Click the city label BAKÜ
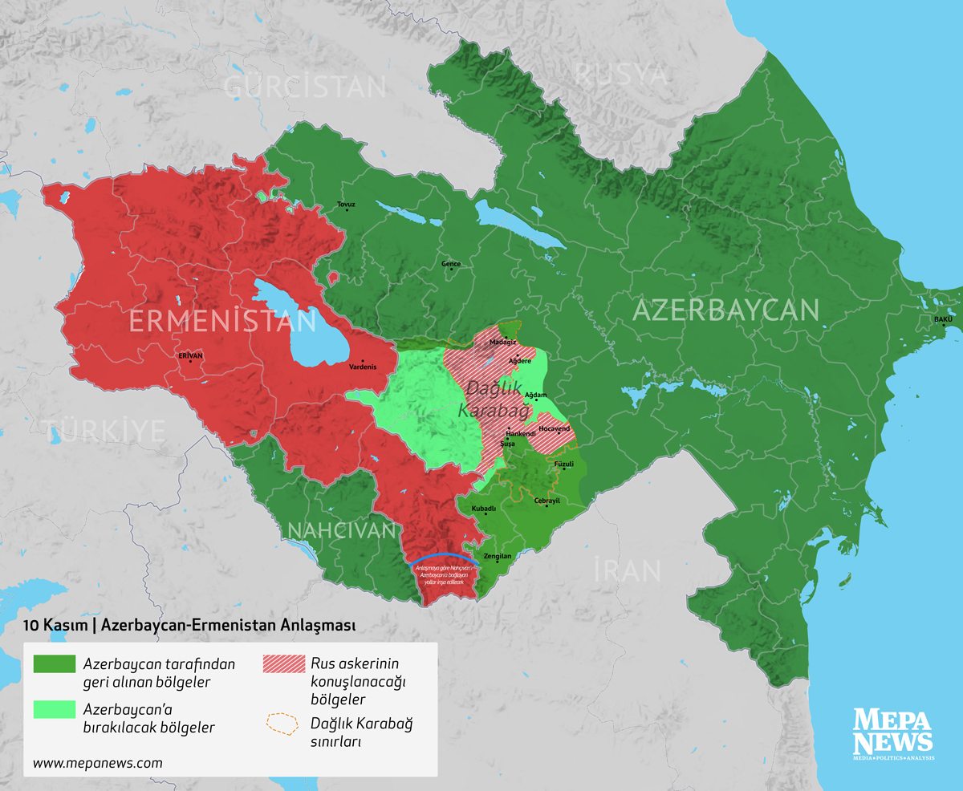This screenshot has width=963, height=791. click(x=942, y=320)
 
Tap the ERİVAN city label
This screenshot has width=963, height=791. click(x=190, y=355)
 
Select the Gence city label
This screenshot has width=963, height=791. click(x=451, y=263)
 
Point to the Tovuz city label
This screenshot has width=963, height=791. click(x=346, y=205)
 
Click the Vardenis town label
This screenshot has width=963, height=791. click(x=363, y=367)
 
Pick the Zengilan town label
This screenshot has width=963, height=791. click(x=498, y=556)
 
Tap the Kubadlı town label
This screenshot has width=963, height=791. click(x=484, y=509)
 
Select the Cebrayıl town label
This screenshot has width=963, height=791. click(x=547, y=501)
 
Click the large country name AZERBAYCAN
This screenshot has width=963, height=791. click(x=725, y=310)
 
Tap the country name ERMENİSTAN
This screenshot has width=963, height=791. click(x=222, y=322)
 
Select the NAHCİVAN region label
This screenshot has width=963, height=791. click(x=341, y=530)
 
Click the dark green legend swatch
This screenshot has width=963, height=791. click(x=54, y=665)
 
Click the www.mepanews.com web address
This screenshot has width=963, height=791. click(x=98, y=763)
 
